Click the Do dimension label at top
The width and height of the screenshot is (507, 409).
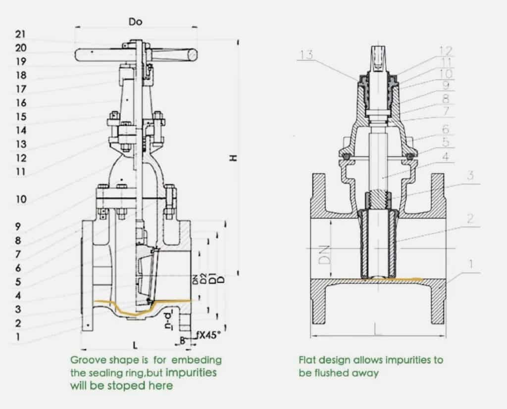[x=135, y=22]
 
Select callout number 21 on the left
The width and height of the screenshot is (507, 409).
[x=20, y=34]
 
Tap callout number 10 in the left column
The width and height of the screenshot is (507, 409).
[x=21, y=199]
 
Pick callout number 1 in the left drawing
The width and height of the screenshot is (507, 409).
[x=18, y=337]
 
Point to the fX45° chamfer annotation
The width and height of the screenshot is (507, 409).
[x=208, y=335]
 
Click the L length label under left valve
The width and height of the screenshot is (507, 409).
[x=136, y=346]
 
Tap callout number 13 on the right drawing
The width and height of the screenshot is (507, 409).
[x=306, y=54]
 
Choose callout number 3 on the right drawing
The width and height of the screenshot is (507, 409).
[x=470, y=176]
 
